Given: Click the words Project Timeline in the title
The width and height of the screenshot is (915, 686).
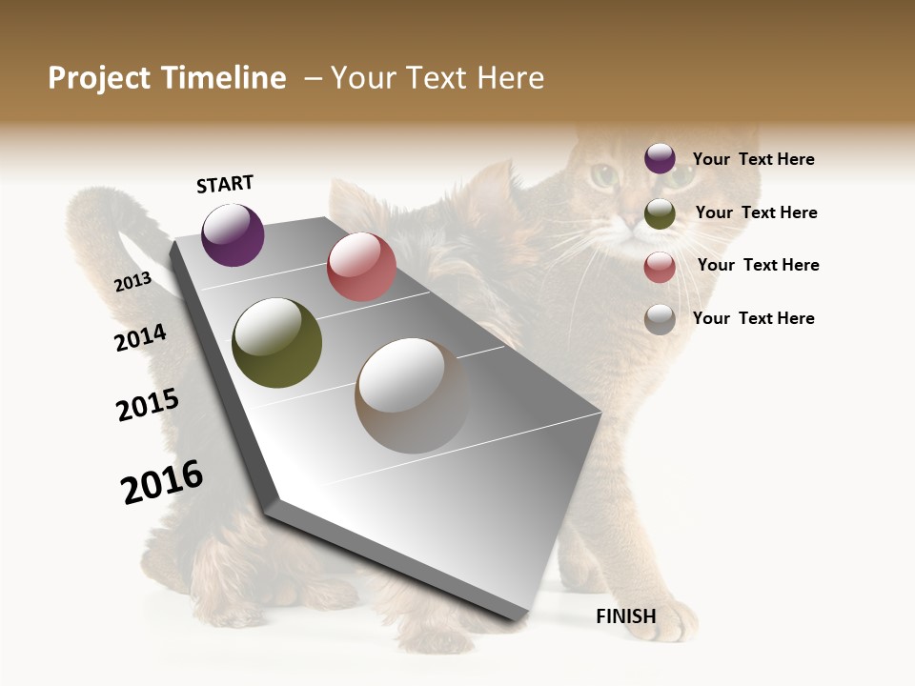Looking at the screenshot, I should (x=167, y=78).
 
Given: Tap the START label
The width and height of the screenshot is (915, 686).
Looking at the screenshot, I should (x=225, y=184).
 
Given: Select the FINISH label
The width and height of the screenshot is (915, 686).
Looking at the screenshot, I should (x=626, y=616).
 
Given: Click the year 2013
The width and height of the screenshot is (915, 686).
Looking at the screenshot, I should (x=132, y=281).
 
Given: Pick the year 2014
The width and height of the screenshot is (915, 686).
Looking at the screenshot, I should (x=140, y=337).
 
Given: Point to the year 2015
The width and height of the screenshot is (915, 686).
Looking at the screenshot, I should (x=148, y=405).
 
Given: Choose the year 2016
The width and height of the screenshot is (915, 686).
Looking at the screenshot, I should (x=162, y=481).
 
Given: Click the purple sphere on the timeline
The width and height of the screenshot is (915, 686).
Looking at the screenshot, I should (x=234, y=235).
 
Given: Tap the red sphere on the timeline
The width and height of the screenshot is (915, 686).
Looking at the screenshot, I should (x=361, y=267).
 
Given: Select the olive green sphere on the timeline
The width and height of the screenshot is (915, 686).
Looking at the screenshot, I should (x=277, y=343).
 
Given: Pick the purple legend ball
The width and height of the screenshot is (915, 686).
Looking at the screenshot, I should (x=660, y=159).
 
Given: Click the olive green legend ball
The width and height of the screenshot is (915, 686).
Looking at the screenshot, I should (x=660, y=213).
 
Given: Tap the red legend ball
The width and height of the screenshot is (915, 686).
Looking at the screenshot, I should (x=660, y=267).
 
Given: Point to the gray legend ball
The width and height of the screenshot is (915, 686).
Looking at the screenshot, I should (x=660, y=319).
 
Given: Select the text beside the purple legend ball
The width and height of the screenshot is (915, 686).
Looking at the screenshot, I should (x=753, y=159).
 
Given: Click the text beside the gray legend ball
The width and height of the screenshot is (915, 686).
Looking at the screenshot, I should (x=753, y=318).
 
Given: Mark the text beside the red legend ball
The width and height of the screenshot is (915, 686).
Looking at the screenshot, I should (x=758, y=265).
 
